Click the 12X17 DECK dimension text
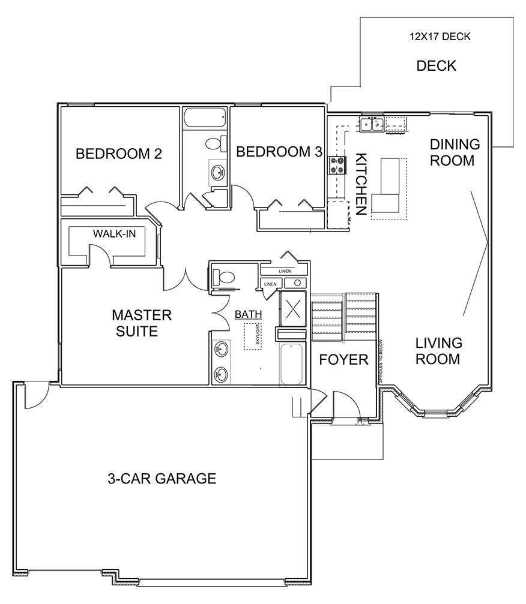pyautogui.click(x=440, y=37)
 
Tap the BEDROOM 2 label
pyautogui.click(x=119, y=154)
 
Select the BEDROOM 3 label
pyautogui.click(x=279, y=152)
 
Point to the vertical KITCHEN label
pyautogui.click(x=361, y=184)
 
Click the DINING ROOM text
pyautogui.click(x=455, y=152)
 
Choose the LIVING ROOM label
pyautogui.click(x=439, y=351)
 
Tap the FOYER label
pyautogui.click(x=343, y=360)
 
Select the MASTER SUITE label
pyautogui.click(x=142, y=323)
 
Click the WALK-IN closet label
pyautogui.click(x=114, y=233)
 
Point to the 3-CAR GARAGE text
pyautogui.click(x=162, y=479)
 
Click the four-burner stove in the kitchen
pyautogui.click(x=337, y=165)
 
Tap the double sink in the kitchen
pyautogui.click(x=372, y=125)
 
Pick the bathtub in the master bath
pyautogui.click(x=292, y=364)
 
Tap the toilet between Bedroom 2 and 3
pyautogui.click(x=215, y=143)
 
